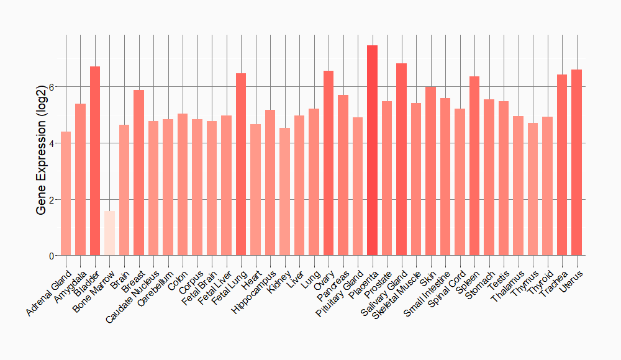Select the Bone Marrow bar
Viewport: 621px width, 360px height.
pyautogui.click(x=109, y=233)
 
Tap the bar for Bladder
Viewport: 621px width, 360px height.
pyautogui.click(x=95, y=161)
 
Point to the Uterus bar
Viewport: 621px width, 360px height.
pyautogui.click(x=576, y=163)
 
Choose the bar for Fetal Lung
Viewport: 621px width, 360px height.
pyautogui.click(x=241, y=164)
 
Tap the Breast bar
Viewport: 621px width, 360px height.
pyautogui.click(x=138, y=173)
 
